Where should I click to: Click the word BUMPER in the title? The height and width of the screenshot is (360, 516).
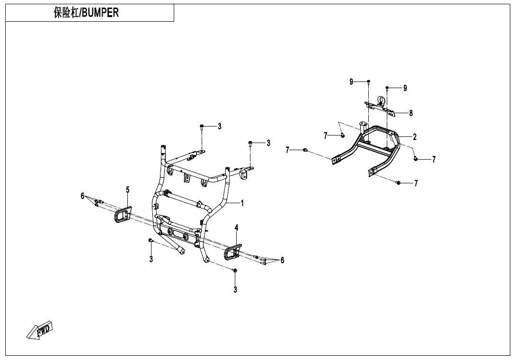tap(101, 13)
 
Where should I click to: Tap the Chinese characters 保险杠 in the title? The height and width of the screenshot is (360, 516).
tap(66, 13)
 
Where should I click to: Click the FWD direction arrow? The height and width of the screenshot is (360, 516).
tap(40, 330)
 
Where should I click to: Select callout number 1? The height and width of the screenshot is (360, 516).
tap(242, 203)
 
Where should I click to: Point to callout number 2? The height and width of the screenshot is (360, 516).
tap(415, 137)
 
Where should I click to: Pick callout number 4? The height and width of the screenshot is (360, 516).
tap(237, 228)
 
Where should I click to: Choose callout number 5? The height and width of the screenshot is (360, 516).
tap(127, 190)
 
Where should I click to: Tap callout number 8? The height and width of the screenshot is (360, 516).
tap(411, 113)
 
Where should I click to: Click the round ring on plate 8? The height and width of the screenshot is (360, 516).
tap(382, 100)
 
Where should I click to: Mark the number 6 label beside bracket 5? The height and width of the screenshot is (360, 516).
tap(82, 196)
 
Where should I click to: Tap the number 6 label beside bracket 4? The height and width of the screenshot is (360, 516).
tap(283, 260)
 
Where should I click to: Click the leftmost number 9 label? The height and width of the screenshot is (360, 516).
tap(351, 82)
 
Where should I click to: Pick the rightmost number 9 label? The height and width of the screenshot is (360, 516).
tap(405, 88)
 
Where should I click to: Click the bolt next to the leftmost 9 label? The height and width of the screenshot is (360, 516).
tap(369, 82)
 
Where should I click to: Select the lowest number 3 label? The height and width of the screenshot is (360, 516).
tap(235, 290)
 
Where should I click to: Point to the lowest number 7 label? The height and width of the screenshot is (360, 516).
tap(416, 183)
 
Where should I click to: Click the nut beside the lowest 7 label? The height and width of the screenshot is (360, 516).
tap(399, 182)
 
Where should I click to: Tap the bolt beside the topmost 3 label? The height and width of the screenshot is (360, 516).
tap(202, 126)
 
